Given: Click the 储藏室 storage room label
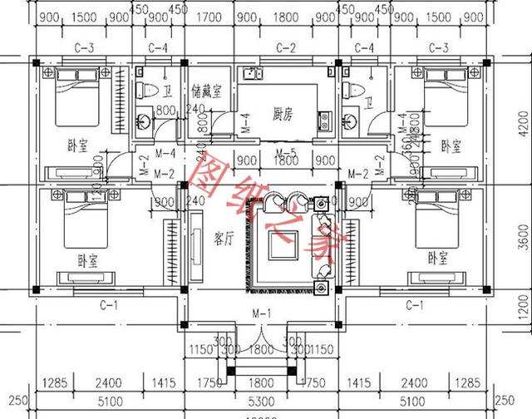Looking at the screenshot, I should [205, 91].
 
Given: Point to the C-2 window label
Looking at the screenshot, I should [287, 47].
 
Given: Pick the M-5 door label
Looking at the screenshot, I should [285, 152].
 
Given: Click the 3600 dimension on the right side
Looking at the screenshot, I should [523, 238].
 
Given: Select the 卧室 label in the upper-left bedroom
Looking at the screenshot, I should [77, 146].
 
